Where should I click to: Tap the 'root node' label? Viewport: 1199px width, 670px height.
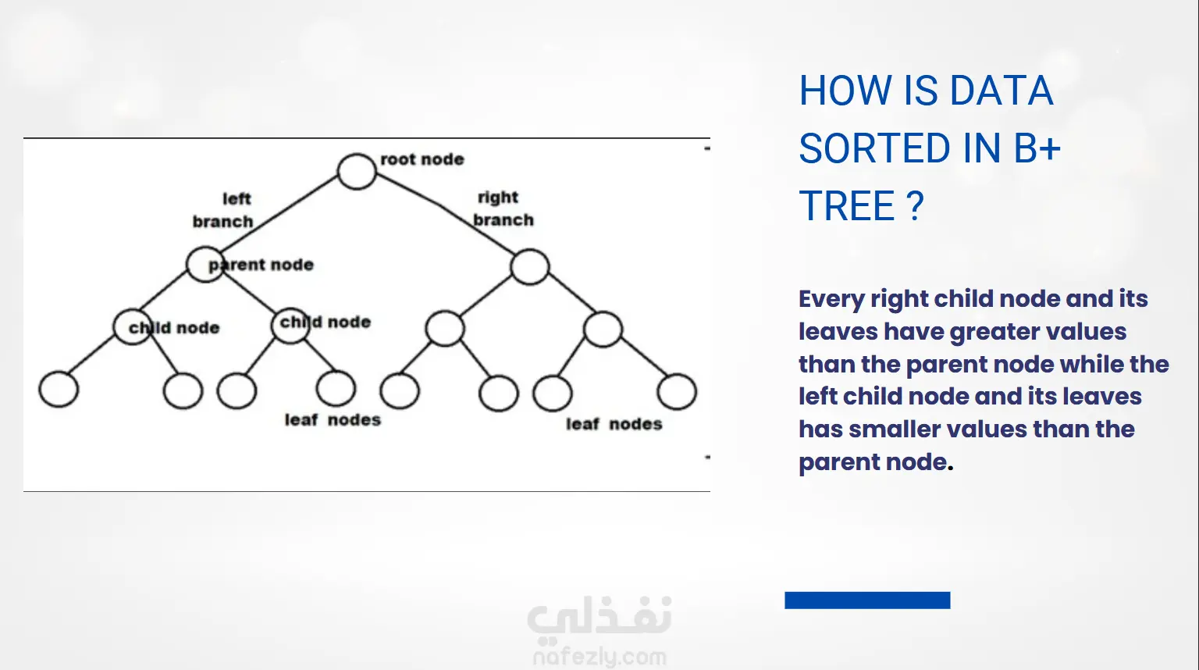tap(422, 159)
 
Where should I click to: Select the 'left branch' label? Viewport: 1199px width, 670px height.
tap(223, 210)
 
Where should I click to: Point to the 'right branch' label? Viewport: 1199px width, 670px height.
tap(503, 208)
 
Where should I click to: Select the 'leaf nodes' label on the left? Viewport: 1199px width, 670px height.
tap(333, 420)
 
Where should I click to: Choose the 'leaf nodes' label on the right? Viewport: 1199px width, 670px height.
tap(614, 424)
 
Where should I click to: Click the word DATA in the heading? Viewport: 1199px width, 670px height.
tap(1002, 91)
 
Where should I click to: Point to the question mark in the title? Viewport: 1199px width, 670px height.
tap(916, 205)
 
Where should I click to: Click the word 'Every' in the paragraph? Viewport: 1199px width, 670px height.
tap(831, 299)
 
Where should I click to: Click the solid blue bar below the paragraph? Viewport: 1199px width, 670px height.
tap(868, 601)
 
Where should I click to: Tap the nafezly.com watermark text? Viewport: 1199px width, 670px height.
tap(599, 657)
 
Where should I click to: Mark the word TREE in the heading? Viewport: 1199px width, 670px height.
tap(847, 205)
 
